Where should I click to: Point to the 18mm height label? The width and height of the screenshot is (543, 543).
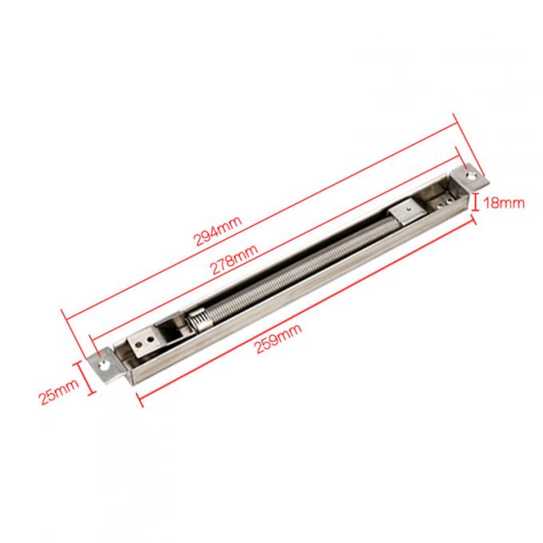[504, 203]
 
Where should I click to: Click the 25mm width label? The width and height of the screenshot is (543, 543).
[59, 391]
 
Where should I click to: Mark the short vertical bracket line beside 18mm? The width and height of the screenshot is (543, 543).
[476, 203]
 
